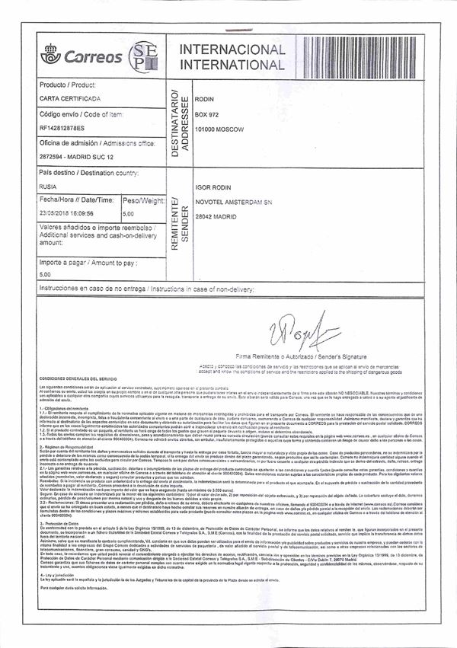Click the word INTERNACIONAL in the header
pos(231,49)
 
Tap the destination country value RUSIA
pos(48,185)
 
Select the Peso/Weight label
pos(143,201)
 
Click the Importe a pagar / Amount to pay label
pos(88,262)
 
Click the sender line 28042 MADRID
pos(219,216)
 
